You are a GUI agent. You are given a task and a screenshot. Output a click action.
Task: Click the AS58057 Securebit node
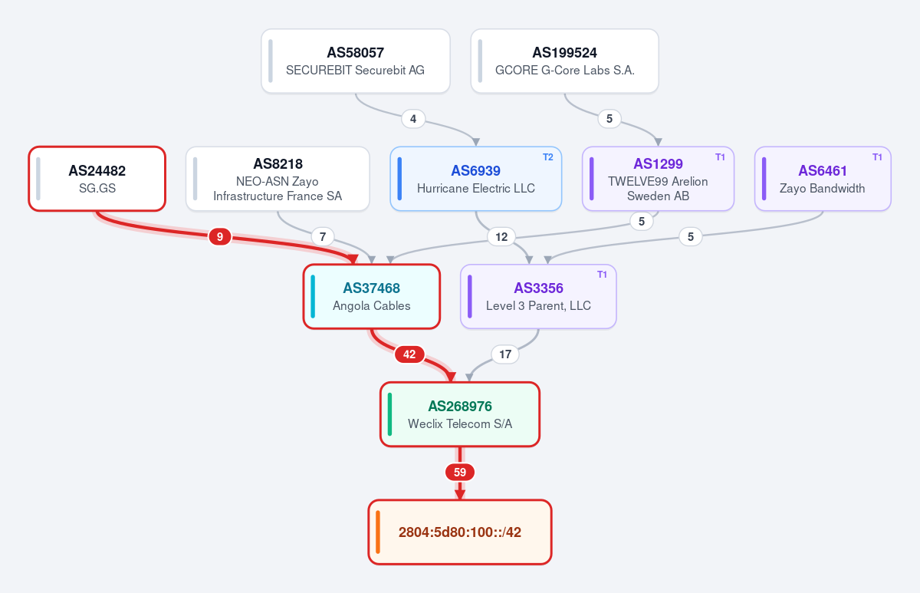click(x=356, y=61)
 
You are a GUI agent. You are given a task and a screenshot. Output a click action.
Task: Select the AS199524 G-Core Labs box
click(x=565, y=61)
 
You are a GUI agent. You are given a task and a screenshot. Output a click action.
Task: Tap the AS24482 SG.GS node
click(x=97, y=179)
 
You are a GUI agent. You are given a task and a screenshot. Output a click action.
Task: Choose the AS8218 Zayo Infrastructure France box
click(x=278, y=179)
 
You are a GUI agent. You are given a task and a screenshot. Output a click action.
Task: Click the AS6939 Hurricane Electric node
click(x=475, y=179)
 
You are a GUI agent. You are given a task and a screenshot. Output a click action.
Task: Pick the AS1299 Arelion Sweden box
click(x=658, y=179)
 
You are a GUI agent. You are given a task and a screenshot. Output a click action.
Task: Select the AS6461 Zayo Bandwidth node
click(x=823, y=179)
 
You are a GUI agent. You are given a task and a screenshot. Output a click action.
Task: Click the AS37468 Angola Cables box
click(x=372, y=296)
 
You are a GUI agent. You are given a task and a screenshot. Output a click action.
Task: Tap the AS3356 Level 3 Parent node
click(x=538, y=296)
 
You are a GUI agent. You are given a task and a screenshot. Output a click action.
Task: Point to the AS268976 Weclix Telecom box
click(x=460, y=414)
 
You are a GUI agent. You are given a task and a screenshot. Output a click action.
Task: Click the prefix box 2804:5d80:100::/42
click(x=460, y=532)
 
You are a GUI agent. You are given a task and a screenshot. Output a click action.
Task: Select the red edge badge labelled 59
click(x=460, y=472)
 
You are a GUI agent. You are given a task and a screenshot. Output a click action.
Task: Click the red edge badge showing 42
click(x=409, y=354)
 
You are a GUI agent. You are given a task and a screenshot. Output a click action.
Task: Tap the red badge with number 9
click(x=220, y=237)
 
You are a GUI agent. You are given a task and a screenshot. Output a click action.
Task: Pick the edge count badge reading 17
click(x=505, y=354)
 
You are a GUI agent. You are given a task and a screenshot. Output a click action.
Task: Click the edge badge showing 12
click(x=501, y=237)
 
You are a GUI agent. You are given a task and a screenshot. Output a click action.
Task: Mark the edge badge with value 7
click(x=323, y=237)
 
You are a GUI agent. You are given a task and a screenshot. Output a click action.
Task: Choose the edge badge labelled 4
click(x=413, y=119)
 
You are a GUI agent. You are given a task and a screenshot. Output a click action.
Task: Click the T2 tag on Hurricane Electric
click(x=548, y=157)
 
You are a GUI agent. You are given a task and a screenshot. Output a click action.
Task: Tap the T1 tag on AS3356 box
click(x=602, y=275)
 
